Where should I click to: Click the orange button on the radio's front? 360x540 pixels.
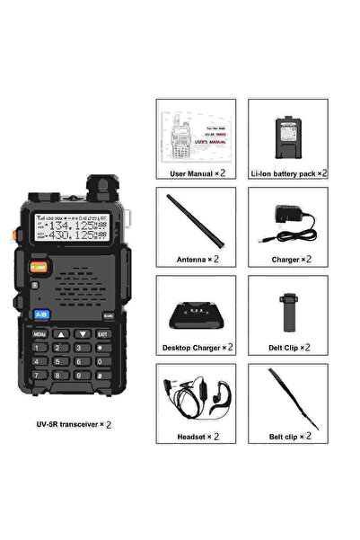pos(39,266)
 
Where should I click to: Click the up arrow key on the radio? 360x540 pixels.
pos(62,333)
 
